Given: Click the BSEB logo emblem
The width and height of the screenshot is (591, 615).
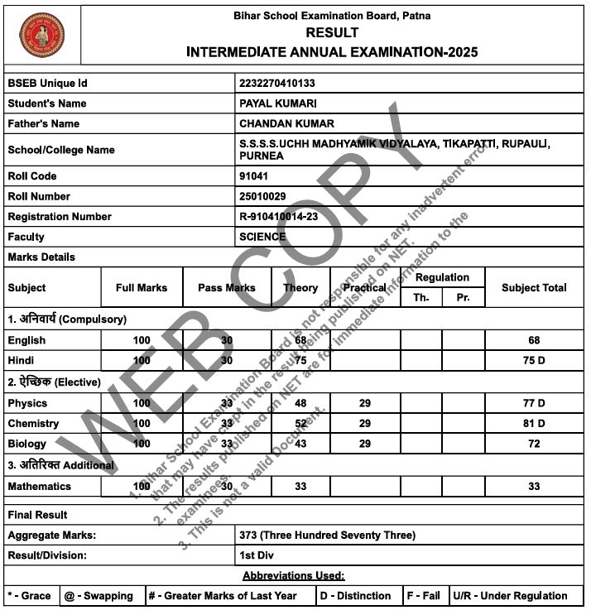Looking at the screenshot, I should point(41,34).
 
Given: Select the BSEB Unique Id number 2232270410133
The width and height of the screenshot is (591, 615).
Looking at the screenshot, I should point(276,84).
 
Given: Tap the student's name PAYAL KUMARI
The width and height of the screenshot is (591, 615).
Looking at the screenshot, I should point(278,103).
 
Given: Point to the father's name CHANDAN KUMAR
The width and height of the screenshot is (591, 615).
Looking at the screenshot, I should point(286,123).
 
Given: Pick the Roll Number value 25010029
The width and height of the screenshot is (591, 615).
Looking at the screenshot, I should point(262,196).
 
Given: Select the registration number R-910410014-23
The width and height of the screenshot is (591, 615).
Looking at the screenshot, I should point(278,217).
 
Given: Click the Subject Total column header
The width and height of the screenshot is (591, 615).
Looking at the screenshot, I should point(534,288).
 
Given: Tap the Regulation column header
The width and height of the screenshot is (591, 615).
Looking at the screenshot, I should point(442,277).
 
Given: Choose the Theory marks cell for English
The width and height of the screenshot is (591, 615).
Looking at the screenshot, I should point(300,340).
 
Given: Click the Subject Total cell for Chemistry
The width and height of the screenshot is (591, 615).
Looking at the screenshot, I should point(534,424).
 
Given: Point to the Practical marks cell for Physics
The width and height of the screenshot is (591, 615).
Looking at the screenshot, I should point(364,403).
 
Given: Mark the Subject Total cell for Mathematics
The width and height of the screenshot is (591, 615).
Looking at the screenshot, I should point(534,487).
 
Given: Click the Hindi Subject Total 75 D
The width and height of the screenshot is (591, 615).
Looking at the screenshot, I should point(534,361).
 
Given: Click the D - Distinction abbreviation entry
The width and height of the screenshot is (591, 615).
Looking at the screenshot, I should point(355,596).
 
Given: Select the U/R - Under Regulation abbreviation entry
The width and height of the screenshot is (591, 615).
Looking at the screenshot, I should point(510,596).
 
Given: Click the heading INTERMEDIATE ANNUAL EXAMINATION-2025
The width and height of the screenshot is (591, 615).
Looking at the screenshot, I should point(332,52).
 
